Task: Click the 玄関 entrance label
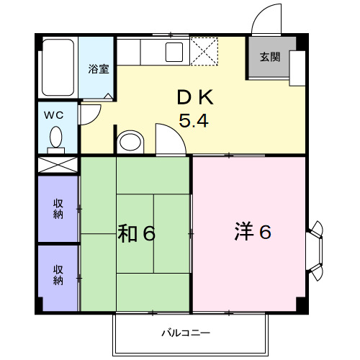click(270, 57)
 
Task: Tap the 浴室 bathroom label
click(99, 69)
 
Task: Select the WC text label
click(55, 115)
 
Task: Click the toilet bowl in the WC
click(56, 137)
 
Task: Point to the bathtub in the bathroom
click(58, 69)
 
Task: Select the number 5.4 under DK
click(193, 121)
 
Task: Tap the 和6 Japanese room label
click(137, 233)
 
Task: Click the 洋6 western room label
click(252, 233)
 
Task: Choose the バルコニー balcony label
click(185, 333)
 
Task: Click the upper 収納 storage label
click(58, 209)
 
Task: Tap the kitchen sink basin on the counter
click(174, 52)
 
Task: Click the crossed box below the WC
click(58, 163)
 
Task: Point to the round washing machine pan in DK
click(130, 140)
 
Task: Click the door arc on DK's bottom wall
click(168, 140)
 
